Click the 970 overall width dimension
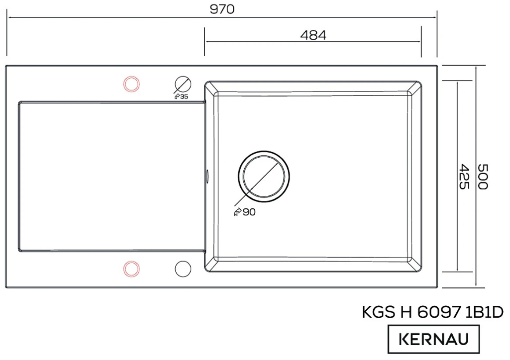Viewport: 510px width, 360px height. click(222, 9)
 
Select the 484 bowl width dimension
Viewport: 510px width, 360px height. click(313, 35)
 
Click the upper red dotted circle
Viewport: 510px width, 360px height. click(131, 85)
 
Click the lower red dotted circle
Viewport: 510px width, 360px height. click(131, 268)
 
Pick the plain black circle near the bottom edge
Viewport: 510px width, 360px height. click(183, 268)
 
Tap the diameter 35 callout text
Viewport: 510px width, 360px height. click(181, 96)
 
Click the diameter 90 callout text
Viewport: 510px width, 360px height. click(245, 212)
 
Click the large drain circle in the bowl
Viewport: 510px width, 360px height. click(264, 177)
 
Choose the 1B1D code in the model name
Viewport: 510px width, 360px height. click(486, 313)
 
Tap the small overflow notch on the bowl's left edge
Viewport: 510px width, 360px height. click(206, 175)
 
